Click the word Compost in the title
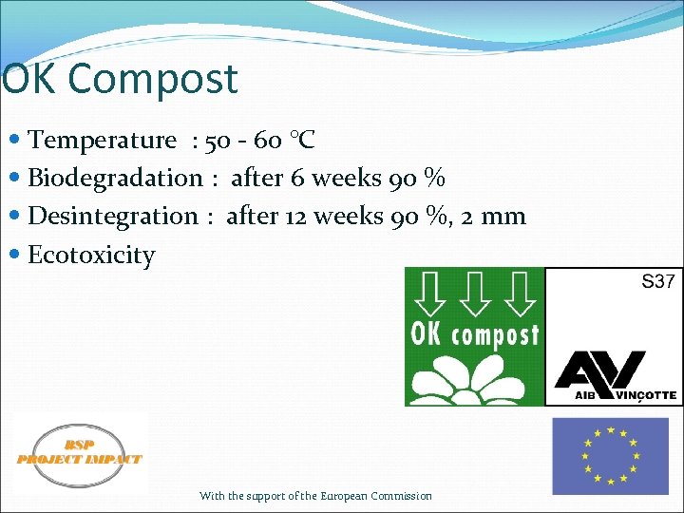pyautogui.click(x=166, y=80)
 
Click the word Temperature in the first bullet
pyautogui.click(x=103, y=141)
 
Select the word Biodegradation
pyautogui.click(x=115, y=179)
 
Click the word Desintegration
pyautogui.click(x=113, y=217)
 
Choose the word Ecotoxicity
pyautogui.click(x=91, y=256)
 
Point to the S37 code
pyautogui.click(x=658, y=281)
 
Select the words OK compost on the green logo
pyautogui.click(x=475, y=333)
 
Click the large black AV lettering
pyautogui.click(x=600, y=370)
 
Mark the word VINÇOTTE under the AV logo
pyautogui.click(x=644, y=394)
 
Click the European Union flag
pyautogui.click(x=611, y=456)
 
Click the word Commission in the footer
pyautogui.click(x=401, y=496)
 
